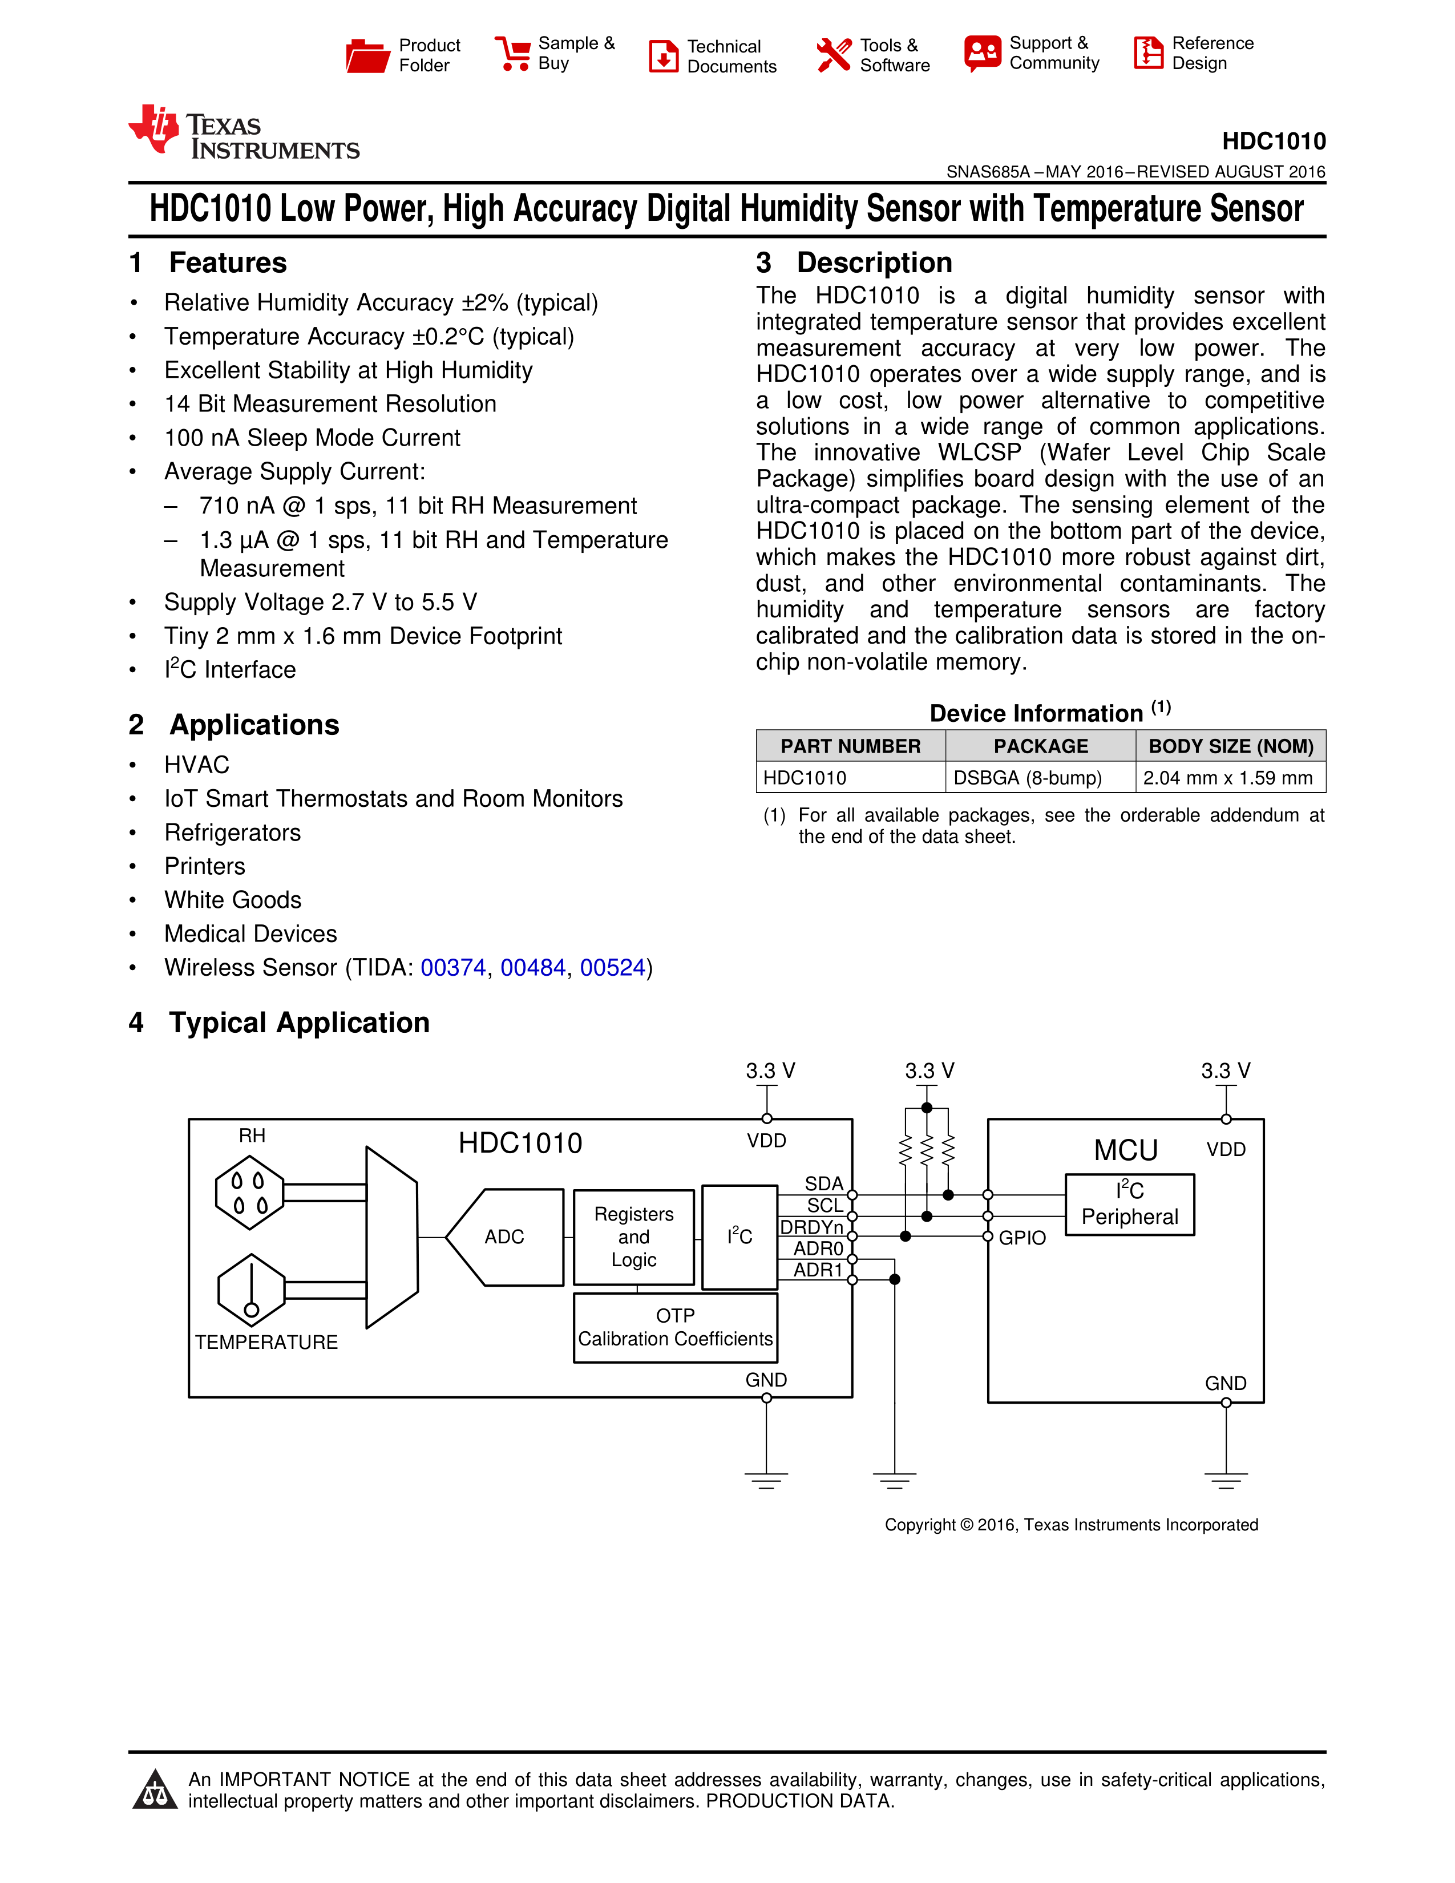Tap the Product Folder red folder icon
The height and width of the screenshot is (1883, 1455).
point(367,55)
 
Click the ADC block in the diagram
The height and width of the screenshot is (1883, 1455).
point(505,1237)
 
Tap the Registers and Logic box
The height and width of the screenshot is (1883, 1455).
point(633,1237)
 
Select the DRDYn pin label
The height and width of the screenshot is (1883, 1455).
point(812,1227)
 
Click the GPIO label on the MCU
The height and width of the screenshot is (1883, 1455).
point(1022,1238)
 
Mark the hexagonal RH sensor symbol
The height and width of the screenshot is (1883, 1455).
point(250,1193)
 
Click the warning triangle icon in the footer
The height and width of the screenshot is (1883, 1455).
point(155,1790)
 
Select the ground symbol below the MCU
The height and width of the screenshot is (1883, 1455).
point(1226,1480)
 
